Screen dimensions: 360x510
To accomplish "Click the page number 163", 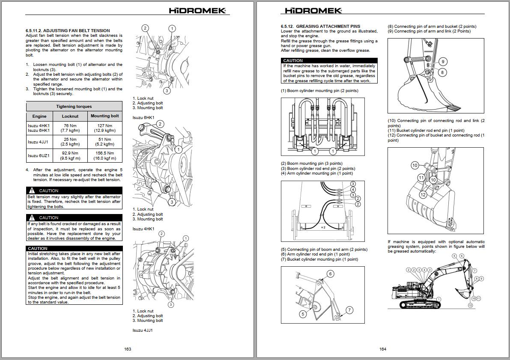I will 128,349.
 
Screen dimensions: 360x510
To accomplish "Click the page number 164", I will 383,349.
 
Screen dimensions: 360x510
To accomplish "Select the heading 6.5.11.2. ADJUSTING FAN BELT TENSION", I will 68,31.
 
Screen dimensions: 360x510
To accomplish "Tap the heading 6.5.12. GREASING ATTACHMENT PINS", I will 321,27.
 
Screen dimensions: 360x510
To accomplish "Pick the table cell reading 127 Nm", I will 104,126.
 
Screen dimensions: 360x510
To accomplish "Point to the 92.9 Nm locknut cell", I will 70,153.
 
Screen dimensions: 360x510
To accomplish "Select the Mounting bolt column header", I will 104,116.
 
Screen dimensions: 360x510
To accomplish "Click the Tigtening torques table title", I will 74,107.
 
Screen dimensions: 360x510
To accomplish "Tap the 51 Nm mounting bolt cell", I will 104,140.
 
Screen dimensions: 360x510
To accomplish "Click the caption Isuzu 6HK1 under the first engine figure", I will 143,117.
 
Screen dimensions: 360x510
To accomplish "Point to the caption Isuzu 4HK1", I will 143,229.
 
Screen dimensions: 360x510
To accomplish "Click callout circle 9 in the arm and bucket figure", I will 443,62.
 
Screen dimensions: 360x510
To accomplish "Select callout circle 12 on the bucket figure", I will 423,195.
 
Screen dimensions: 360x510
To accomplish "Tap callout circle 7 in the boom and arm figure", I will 349,310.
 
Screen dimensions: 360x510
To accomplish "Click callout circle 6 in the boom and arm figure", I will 330,274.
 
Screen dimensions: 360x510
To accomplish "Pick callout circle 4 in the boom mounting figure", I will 353,190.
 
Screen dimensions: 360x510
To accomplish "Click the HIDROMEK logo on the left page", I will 197,11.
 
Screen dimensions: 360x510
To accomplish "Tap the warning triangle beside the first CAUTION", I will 32,190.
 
